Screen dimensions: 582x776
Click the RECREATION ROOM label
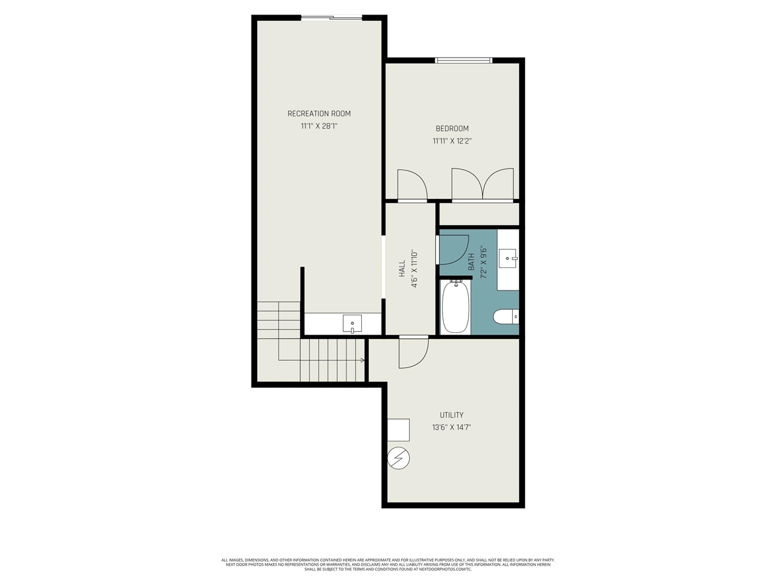pos(319,113)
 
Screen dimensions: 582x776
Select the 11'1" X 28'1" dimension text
pos(319,127)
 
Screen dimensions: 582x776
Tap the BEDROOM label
pos(452,129)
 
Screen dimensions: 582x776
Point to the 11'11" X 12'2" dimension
pos(452,141)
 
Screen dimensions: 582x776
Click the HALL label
pos(402,269)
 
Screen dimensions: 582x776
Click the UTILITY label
pos(452,415)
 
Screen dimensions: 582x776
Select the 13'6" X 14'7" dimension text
pos(452,427)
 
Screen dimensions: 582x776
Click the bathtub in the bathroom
pos(456,307)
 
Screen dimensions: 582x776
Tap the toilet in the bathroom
pos(506,316)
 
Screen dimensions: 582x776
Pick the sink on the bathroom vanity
pos(507,258)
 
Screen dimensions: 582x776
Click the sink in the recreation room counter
pos(352,324)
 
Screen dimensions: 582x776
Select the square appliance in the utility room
pos(399,430)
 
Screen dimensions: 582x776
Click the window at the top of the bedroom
pos(464,60)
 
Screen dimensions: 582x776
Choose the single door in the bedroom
pos(411,185)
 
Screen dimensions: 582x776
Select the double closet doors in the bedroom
pos(483,184)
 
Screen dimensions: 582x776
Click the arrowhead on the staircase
pos(363,360)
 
